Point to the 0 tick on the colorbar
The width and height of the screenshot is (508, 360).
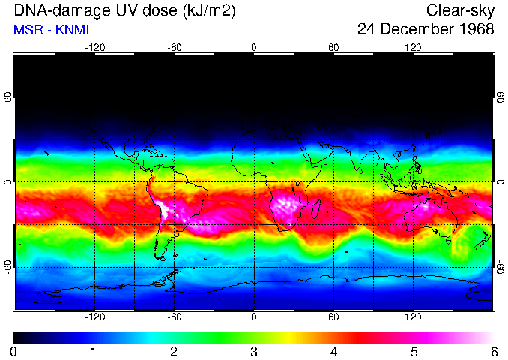(14, 351)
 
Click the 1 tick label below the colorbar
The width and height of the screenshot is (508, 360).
(94, 351)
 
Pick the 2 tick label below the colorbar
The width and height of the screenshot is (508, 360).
(174, 351)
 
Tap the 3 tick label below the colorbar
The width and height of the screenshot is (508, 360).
(254, 351)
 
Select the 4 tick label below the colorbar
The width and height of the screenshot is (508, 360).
(333, 351)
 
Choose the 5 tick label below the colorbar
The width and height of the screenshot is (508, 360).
(414, 351)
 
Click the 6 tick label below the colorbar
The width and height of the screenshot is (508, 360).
(493, 351)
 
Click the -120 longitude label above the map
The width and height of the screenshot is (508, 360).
(94, 47)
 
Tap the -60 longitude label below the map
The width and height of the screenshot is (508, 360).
(174, 317)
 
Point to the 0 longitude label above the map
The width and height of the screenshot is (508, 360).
(254, 47)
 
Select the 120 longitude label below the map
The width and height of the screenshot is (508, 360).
(414, 317)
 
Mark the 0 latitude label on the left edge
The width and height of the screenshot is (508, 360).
(7, 182)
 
